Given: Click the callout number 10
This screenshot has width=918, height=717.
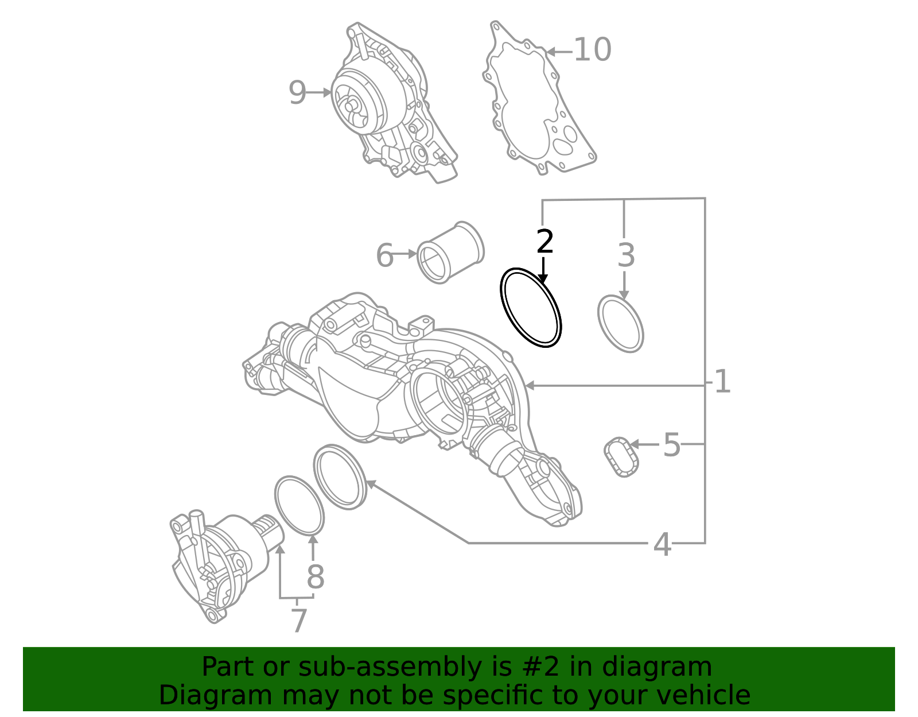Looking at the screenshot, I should pyautogui.click(x=592, y=50).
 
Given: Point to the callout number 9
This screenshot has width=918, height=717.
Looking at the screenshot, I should pyautogui.click(x=297, y=92).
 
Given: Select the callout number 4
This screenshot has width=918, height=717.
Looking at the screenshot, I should pyautogui.click(x=662, y=544).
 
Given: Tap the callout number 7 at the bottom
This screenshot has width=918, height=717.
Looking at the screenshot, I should pyautogui.click(x=299, y=621).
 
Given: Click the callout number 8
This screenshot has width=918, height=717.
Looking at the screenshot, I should pyautogui.click(x=315, y=577).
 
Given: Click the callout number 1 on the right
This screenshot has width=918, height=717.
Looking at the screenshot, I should pyautogui.click(x=722, y=382).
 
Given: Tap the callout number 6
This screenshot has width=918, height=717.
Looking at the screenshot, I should pyautogui.click(x=384, y=255).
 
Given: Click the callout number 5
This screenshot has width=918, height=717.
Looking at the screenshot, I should pyautogui.click(x=671, y=445).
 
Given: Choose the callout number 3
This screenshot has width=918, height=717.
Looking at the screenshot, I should pyautogui.click(x=626, y=255).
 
